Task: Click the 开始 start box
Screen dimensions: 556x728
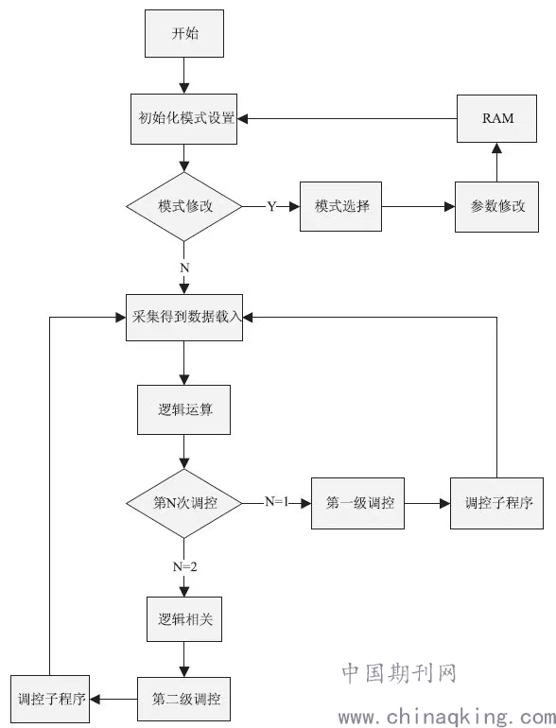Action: [x=184, y=33]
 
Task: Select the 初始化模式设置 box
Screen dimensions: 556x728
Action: [x=184, y=119]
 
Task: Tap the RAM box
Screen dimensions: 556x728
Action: [x=497, y=118]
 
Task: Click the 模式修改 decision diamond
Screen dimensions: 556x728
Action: [x=184, y=207]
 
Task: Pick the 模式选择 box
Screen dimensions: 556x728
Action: [x=341, y=207]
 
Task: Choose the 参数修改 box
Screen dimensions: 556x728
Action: [x=497, y=207]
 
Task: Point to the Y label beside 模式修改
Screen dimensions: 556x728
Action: [x=271, y=206]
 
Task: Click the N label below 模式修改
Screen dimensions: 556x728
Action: [x=184, y=268]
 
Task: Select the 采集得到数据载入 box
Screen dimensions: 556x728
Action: [x=184, y=318]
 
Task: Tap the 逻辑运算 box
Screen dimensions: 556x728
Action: [x=184, y=409]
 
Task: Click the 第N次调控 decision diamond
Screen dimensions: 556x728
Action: [x=184, y=503]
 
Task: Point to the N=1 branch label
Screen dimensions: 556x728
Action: [x=277, y=501]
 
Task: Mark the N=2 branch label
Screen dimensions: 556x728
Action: [x=185, y=566]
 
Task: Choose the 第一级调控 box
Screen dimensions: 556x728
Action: [x=357, y=503]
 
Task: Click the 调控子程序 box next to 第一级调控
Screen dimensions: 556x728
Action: [x=497, y=503]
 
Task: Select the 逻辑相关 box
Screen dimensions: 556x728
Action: [x=184, y=619]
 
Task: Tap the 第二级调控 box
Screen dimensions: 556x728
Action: [x=184, y=699]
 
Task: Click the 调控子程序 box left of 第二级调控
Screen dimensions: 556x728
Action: [x=50, y=699]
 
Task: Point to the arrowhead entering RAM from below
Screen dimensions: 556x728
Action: [x=497, y=148]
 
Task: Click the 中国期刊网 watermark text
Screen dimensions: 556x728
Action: [x=399, y=673]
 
